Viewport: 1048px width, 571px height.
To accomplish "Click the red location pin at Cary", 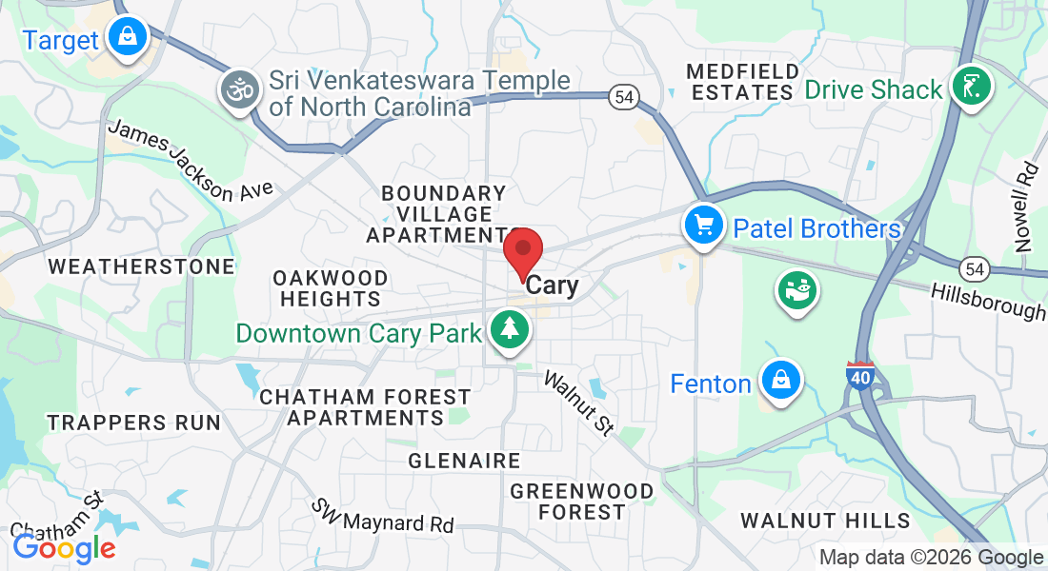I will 523,252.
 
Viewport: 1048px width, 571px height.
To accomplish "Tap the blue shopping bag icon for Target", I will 126,37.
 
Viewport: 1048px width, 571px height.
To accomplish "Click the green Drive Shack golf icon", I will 970,87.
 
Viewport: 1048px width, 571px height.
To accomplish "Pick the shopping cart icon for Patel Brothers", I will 704,226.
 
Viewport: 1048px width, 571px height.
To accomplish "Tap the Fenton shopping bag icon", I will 781,381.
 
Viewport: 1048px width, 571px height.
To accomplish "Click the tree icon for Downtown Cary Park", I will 511,330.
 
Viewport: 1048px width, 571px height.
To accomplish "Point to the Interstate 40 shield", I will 860,375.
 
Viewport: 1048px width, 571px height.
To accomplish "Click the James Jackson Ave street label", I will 190,161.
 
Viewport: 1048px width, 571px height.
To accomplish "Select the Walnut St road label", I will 578,404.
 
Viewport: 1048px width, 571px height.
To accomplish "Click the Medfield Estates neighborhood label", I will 741,82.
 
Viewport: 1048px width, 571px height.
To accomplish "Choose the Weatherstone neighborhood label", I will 141,266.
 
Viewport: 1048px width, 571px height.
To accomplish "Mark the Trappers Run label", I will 133,423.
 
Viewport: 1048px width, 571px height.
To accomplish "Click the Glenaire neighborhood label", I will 464,462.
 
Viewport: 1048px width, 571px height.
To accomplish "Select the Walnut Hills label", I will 825,521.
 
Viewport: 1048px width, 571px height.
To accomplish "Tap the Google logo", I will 64,547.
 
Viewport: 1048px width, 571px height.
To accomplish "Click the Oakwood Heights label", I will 330,288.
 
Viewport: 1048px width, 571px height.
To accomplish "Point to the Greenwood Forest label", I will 582,502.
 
